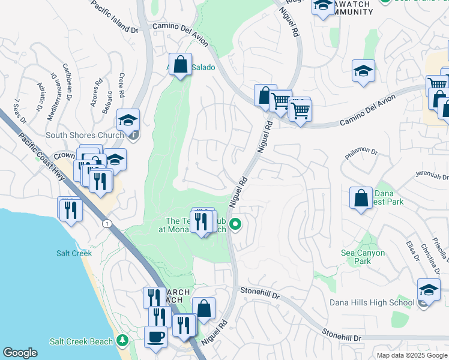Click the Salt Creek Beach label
pyautogui.click(x=81, y=341)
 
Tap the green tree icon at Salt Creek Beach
pyautogui.click(x=123, y=341)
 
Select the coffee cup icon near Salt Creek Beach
pyautogui.click(x=156, y=337)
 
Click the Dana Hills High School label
pyautogui.click(x=372, y=302)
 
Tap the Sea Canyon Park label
pyautogui.click(x=363, y=257)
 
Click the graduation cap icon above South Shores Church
pyautogui.click(x=128, y=120)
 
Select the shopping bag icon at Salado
pyautogui.click(x=180, y=65)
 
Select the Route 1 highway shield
pyautogui.click(x=106, y=223)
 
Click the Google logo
pyautogui.click(x=20, y=352)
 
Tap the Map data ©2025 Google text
pyautogui.click(x=411, y=355)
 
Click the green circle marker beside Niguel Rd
pyautogui.click(x=236, y=225)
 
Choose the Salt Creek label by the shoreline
pyautogui.click(x=74, y=253)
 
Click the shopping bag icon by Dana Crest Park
pyautogui.click(x=361, y=198)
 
